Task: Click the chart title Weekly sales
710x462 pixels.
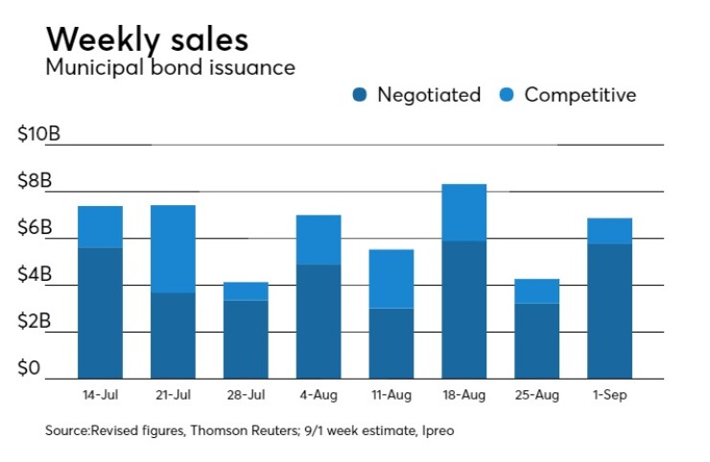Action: point(147,38)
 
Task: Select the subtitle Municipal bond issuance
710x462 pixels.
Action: point(170,68)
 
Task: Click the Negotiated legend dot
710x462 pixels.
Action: point(360,95)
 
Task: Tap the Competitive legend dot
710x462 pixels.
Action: point(507,95)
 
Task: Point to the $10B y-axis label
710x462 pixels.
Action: point(39,134)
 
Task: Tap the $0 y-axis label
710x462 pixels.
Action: point(31,369)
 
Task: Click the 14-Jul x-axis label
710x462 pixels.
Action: point(100,395)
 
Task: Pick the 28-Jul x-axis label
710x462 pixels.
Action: point(246,395)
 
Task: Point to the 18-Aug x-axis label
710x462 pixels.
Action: point(464,395)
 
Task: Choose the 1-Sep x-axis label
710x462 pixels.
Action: point(610,395)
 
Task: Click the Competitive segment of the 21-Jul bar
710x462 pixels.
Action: point(173,248)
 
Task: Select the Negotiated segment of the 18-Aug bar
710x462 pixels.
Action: point(464,309)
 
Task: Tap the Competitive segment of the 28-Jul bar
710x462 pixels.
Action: point(246,290)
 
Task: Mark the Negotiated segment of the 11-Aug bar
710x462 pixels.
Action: point(391,342)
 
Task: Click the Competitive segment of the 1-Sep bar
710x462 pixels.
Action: point(610,231)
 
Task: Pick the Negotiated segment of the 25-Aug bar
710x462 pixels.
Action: point(537,340)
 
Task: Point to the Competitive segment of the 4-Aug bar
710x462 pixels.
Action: point(319,240)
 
